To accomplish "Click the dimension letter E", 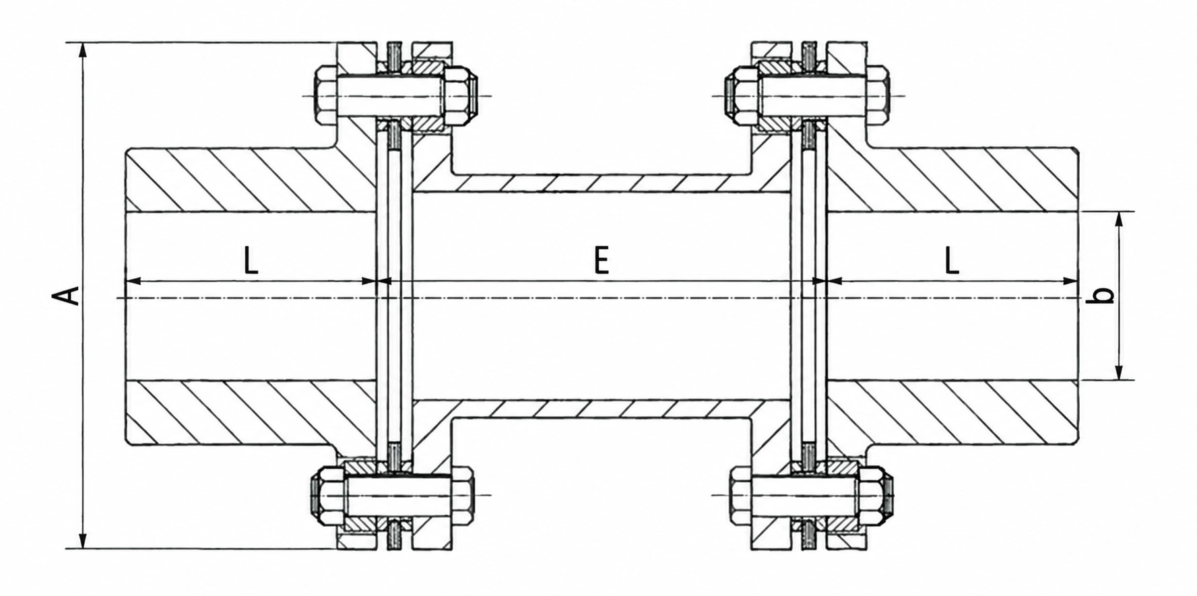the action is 602,260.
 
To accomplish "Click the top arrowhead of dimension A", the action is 83,51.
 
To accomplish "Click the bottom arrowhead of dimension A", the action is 83,539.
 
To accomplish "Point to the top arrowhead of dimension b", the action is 1119,220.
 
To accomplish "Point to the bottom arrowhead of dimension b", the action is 1119,371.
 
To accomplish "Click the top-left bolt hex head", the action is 325,95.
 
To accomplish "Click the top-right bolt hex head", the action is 876,95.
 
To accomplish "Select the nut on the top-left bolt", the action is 459,95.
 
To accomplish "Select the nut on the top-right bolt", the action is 742,95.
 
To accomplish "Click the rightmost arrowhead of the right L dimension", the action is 1069,281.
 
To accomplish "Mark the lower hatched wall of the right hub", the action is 952,412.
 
